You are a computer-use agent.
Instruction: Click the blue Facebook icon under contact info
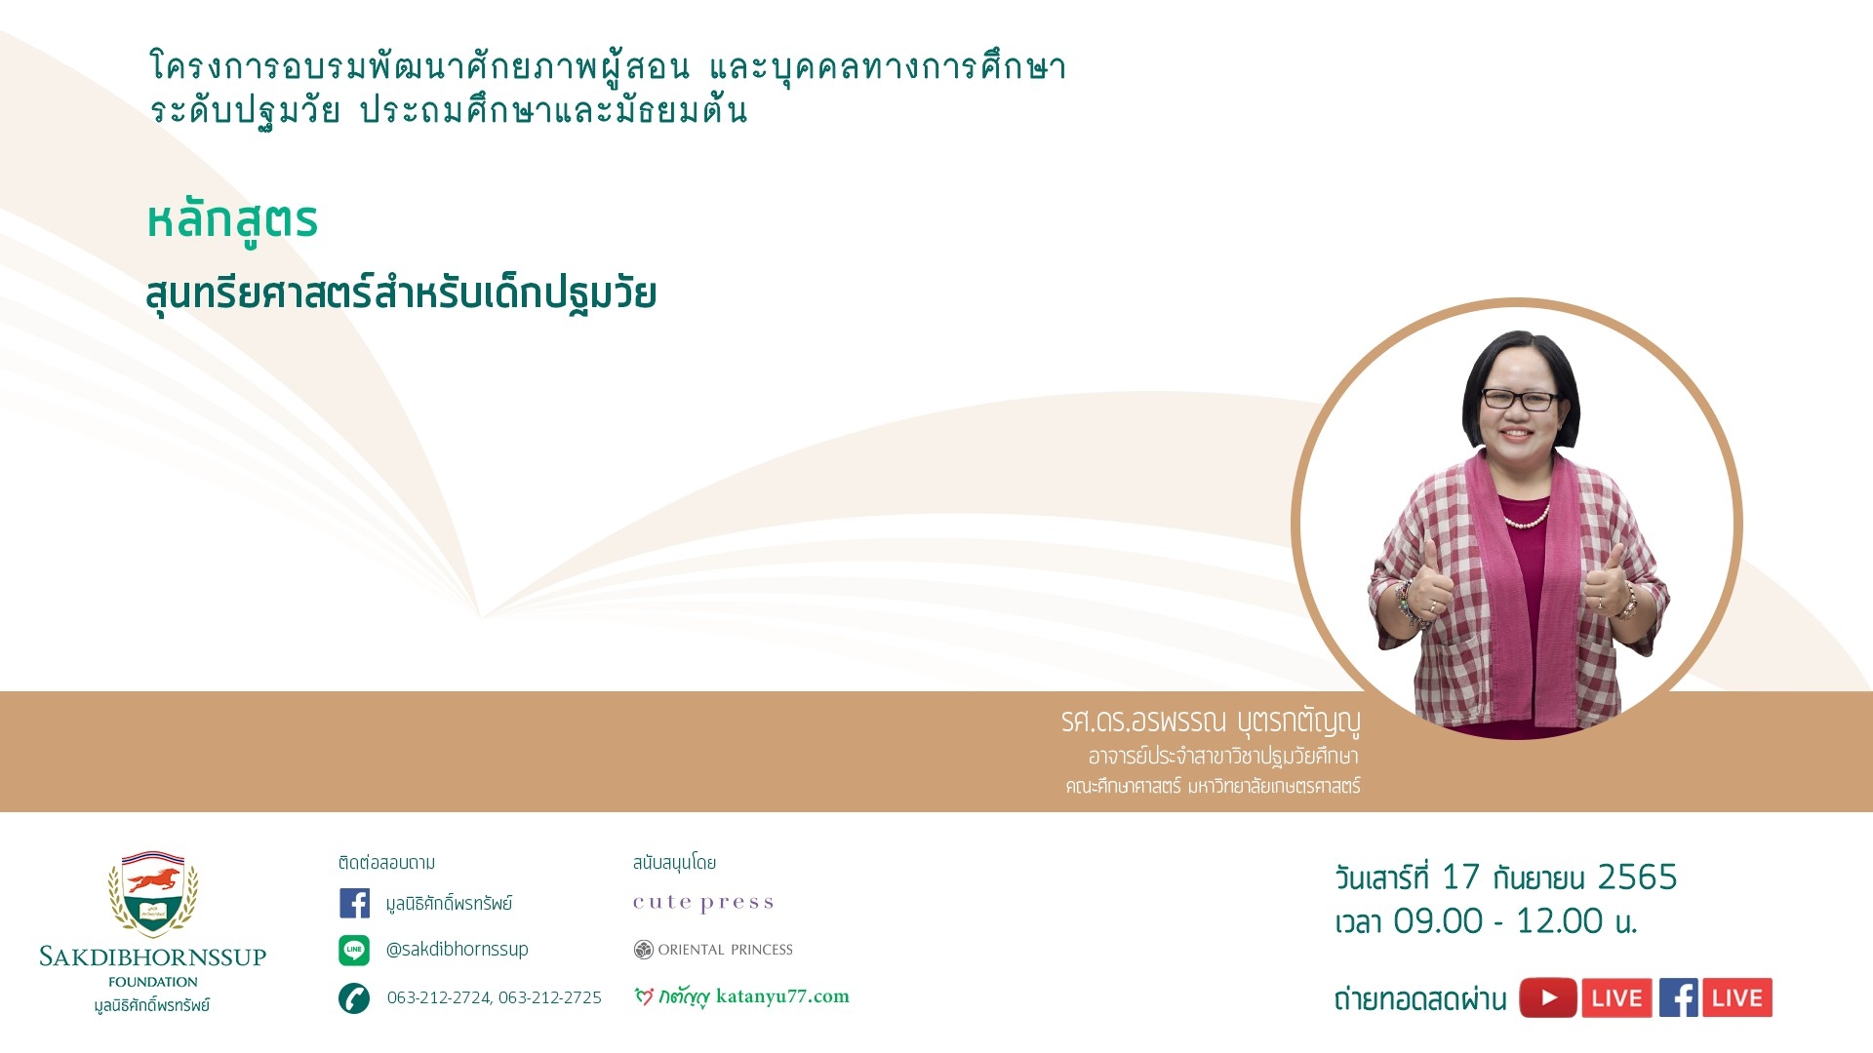point(354,903)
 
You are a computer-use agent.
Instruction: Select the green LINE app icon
point(354,950)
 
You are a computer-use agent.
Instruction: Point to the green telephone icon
point(354,998)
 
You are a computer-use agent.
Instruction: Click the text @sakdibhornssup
point(457,949)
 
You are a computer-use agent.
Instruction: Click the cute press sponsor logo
point(703,903)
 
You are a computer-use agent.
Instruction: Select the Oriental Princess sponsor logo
point(713,950)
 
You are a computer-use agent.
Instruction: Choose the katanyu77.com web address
point(782,996)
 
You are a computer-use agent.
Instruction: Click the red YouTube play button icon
point(1548,997)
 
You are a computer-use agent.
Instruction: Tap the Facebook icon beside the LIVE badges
point(1679,997)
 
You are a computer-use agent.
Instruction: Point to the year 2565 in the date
point(1637,877)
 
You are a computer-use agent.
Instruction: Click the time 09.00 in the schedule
point(1438,921)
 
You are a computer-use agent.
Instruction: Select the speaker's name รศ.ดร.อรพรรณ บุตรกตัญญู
point(1211,721)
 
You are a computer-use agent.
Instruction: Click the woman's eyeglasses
point(1520,400)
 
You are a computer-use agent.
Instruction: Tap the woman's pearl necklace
point(1527,517)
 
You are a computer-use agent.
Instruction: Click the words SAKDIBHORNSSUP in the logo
point(153,956)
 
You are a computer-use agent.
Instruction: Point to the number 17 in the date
point(1460,877)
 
